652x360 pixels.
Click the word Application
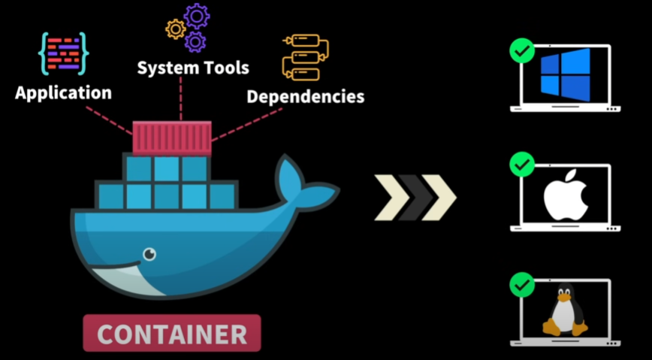(63, 94)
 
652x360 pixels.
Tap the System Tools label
(192, 68)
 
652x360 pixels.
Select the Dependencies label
(305, 97)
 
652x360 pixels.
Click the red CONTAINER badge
(172, 333)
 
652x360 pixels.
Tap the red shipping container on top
(172, 138)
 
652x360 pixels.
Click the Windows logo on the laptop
(565, 75)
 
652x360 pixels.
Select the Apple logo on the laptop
(564, 194)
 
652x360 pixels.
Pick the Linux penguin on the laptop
(564, 310)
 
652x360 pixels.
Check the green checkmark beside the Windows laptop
(521, 52)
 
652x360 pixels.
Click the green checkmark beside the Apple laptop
(521, 165)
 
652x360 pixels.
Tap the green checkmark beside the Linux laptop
(521, 285)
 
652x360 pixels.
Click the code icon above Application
(62, 53)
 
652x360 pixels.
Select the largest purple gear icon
(197, 16)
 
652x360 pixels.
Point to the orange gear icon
(176, 29)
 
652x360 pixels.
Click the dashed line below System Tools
(181, 98)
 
